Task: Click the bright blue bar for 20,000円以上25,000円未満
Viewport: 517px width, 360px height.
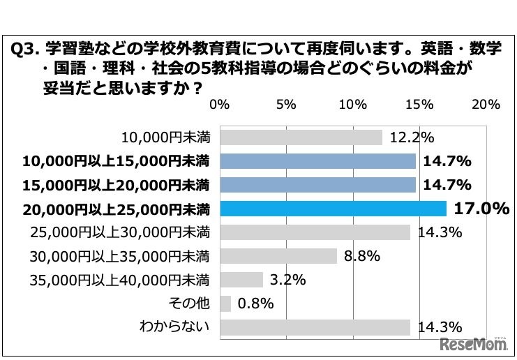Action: [333, 209]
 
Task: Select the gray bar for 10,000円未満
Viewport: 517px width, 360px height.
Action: [301, 137]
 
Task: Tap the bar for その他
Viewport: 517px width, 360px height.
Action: [225, 303]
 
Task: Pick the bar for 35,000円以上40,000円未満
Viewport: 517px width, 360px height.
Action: [241, 280]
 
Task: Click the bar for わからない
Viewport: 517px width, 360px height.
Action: [315, 327]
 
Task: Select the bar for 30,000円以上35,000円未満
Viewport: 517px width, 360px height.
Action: [278, 256]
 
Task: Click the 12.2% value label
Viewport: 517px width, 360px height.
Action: [412, 137]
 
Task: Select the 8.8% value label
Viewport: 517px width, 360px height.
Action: [361, 256]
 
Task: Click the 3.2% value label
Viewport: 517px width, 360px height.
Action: [287, 280]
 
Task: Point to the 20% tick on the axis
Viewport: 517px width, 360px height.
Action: [486, 105]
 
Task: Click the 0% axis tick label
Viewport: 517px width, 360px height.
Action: [220, 105]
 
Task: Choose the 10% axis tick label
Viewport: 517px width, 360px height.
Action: [353, 105]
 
